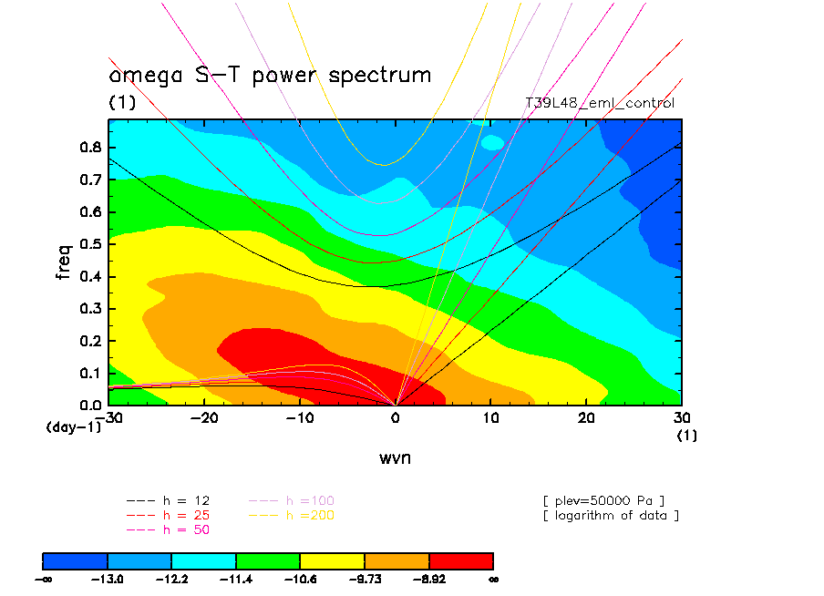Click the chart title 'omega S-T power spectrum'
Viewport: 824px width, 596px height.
click(270, 75)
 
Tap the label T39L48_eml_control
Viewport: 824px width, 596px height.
click(600, 103)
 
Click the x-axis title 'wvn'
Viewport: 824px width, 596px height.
click(395, 457)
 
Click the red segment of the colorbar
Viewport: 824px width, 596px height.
click(460, 560)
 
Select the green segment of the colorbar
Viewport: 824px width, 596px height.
click(268, 560)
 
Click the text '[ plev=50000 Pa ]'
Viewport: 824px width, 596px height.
click(603, 500)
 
